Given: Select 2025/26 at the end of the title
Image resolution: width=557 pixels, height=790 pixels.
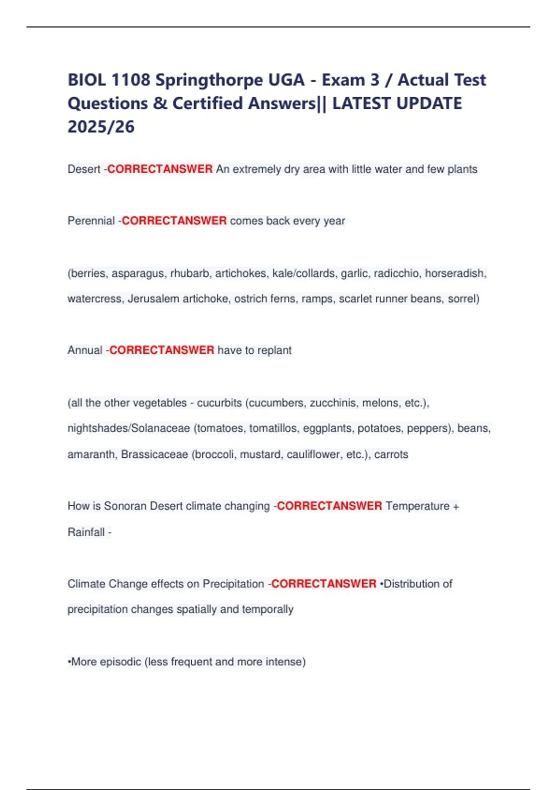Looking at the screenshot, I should point(101,126).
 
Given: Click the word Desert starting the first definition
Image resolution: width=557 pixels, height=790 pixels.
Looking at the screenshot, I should point(84,169).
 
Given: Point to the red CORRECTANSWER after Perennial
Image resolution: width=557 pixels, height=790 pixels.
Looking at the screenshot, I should point(174,221).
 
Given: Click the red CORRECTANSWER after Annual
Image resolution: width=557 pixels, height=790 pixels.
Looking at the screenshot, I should point(162,350).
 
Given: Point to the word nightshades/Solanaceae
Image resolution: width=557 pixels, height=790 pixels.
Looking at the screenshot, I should point(129,428).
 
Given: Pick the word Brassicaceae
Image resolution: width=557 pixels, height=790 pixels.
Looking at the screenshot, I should point(154,454).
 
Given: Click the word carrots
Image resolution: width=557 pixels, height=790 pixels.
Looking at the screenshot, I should point(391,454).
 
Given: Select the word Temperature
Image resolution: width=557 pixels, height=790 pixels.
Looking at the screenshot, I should point(417,506).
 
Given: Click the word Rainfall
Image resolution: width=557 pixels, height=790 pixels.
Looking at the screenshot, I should point(86,532).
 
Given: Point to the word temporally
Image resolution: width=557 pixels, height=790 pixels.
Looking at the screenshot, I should point(271,609).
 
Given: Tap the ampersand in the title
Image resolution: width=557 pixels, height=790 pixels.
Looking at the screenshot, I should point(160,104).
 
